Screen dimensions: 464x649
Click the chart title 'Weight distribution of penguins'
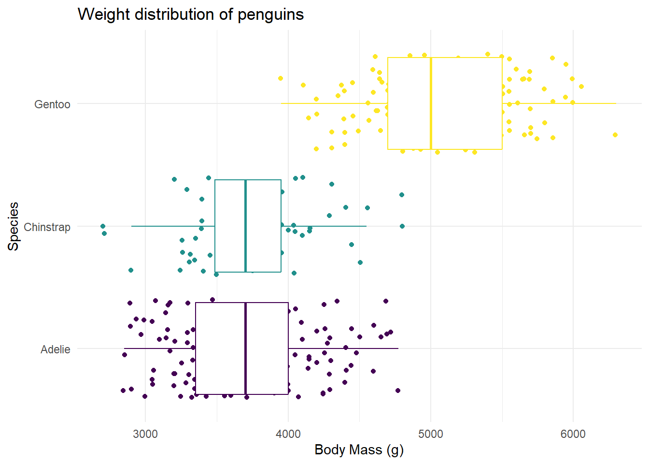(x=191, y=14)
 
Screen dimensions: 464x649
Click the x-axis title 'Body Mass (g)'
(x=359, y=450)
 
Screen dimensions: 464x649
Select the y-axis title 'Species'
(x=14, y=226)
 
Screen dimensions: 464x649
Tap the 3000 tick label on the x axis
(x=145, y=434)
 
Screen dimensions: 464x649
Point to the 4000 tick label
(x=288, y=434)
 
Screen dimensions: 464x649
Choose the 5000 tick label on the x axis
(x=430, y=434)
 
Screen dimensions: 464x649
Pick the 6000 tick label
(x=573, y=434)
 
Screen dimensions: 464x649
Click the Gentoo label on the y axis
(x=52, y=104)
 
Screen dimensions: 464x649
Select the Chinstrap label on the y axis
(x=47, y=227)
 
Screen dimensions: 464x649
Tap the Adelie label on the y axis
(x=55, y=349)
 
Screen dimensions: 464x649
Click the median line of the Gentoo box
(x=431, y=103)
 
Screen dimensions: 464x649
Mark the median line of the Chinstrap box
(x=246, y=226)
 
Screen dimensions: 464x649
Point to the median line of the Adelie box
(x=246, y=348)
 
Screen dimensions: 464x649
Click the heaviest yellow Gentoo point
(x=615, y=135)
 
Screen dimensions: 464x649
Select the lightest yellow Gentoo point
(x=281, y=78)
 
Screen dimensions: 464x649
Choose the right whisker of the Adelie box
(x=343, y=348)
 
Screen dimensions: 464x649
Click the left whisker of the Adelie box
(x=160, y=348)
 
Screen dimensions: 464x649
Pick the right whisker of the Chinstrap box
(x=324, y=226)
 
